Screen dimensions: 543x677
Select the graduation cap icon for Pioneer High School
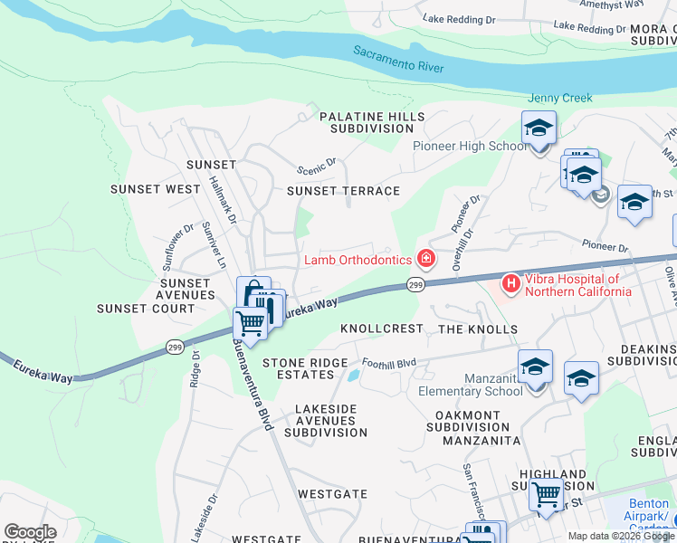coord(539,129)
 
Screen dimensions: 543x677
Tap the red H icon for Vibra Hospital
coord(511,284)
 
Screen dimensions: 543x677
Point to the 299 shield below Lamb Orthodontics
coord(415,285)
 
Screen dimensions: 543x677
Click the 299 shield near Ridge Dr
coord(176,345)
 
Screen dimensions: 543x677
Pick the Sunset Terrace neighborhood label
coord(343,191)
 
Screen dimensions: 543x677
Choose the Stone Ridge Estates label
coord(304,368)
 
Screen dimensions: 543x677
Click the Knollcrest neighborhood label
coord(381,329)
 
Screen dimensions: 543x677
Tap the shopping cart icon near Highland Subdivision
coord(546,496)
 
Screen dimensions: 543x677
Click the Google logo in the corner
coord(30,532)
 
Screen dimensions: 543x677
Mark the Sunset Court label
coord(146,309)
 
